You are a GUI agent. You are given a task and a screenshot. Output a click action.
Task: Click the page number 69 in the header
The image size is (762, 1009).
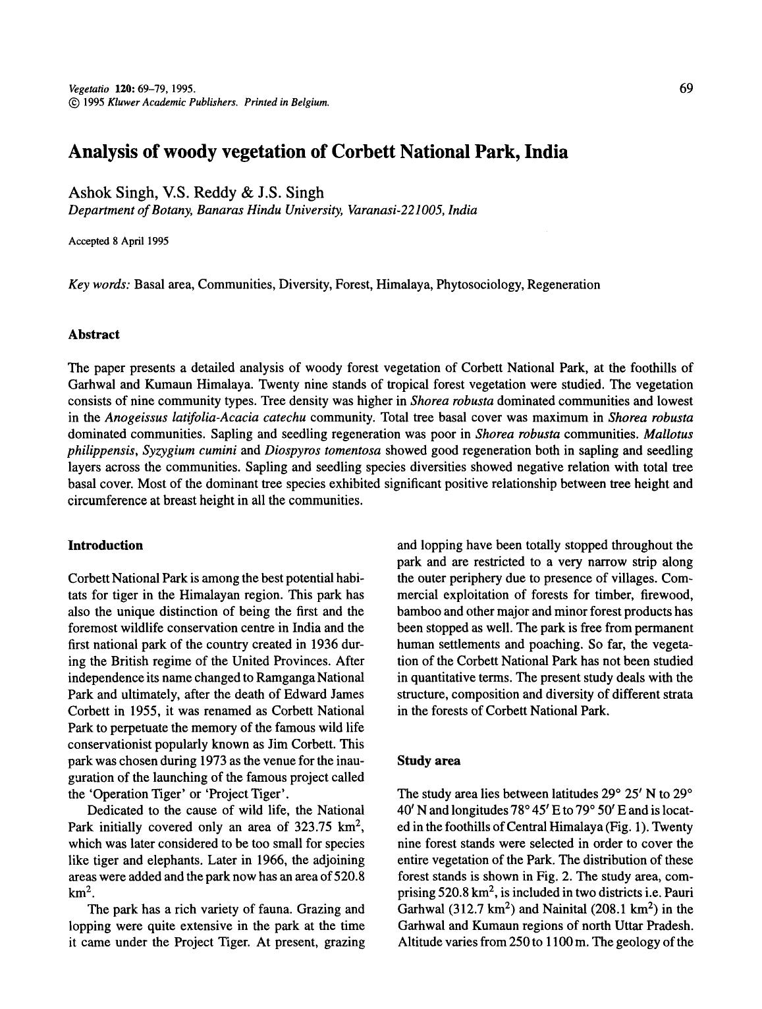pos(685,88)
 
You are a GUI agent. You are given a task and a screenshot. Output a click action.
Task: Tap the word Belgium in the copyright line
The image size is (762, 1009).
pos(310,102)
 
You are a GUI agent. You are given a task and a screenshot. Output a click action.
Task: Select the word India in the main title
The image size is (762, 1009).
pos(546,151)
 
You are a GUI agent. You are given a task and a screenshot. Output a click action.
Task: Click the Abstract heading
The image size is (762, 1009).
pos(94,335)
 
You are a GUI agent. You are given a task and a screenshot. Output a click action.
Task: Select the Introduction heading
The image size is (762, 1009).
pos(105,545)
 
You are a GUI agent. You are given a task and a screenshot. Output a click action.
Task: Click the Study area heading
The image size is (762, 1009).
pos(429,761)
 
